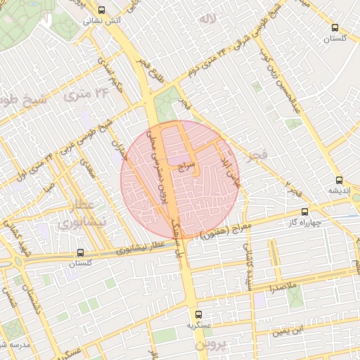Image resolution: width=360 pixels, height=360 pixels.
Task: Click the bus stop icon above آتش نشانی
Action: (103, 10)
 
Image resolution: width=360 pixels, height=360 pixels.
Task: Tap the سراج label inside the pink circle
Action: (186, 166)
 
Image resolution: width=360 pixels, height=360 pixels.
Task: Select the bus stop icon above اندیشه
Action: (340, 179)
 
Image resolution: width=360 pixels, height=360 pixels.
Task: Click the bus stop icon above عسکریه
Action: (198, 314)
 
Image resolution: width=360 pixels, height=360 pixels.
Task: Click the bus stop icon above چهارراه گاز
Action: (304, 211)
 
